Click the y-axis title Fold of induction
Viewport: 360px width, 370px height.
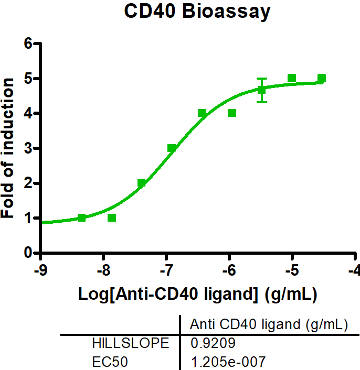pyautogui.click(x=8, y=148)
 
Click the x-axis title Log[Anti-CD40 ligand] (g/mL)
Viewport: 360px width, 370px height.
pyautogui.click(x=197, y=295)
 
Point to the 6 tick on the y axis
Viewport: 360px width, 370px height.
pyautogui.click(x=29, y=43)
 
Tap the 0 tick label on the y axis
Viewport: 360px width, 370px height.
pyautogui.click(x=29, y=253)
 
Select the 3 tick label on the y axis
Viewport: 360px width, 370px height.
pyautogui.click(x=29, y=148)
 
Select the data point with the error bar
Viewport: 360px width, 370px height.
pyautogui.click(x=262, y=90)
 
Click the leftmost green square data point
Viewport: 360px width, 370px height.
pyautogui.click(x=81, y=217)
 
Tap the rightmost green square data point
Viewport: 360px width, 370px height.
pyautogui.click(x=322, y=79)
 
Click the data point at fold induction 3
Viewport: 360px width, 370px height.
pyautogui.click(x=172, y=148)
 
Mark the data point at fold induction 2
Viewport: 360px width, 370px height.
pyautogui.click(x=142, y=183)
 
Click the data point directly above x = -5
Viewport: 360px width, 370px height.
pyautogui.click(x=292, y=79)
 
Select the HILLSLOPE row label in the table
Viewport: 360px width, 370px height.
pyautogui.click(x=131, y=344)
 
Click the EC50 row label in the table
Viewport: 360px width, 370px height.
pyautogui.click(x=109, y=361)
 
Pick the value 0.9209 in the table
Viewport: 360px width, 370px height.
pyautogui.click(x=209, y=344)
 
